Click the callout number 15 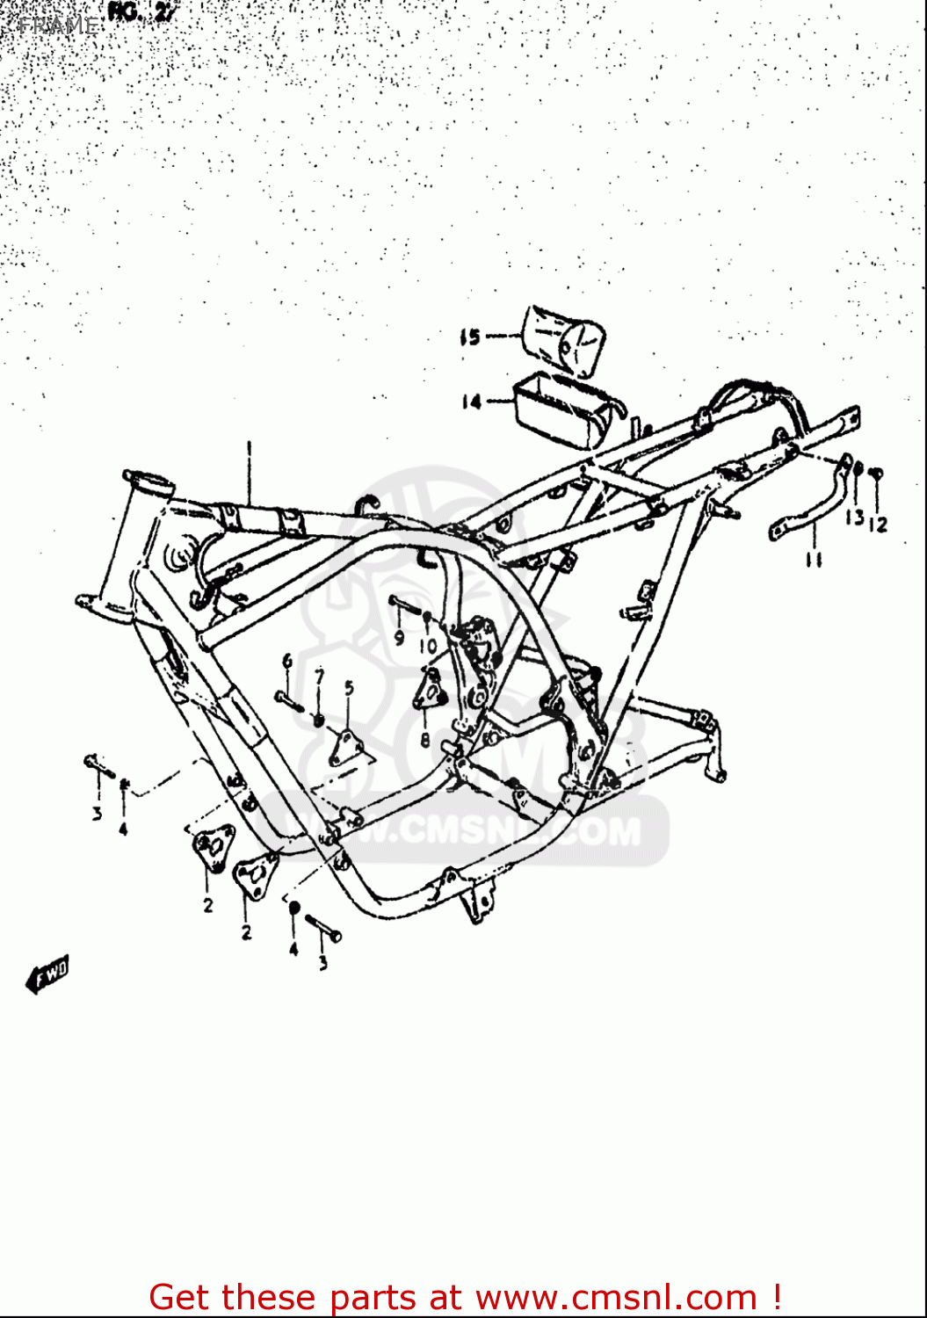coord(470,337)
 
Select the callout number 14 coord(472,402)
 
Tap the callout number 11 coord(814,559)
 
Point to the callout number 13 coord(854,518)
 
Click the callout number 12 coord(878,525)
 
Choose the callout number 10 coord(428,647)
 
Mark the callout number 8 coord(425,741)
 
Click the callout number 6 coord(286,661)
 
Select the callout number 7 coord(320,676)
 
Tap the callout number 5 coord(349,688)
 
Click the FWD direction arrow coord(48,974)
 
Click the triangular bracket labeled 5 coord(348,748)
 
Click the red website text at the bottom coord(465,1297)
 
